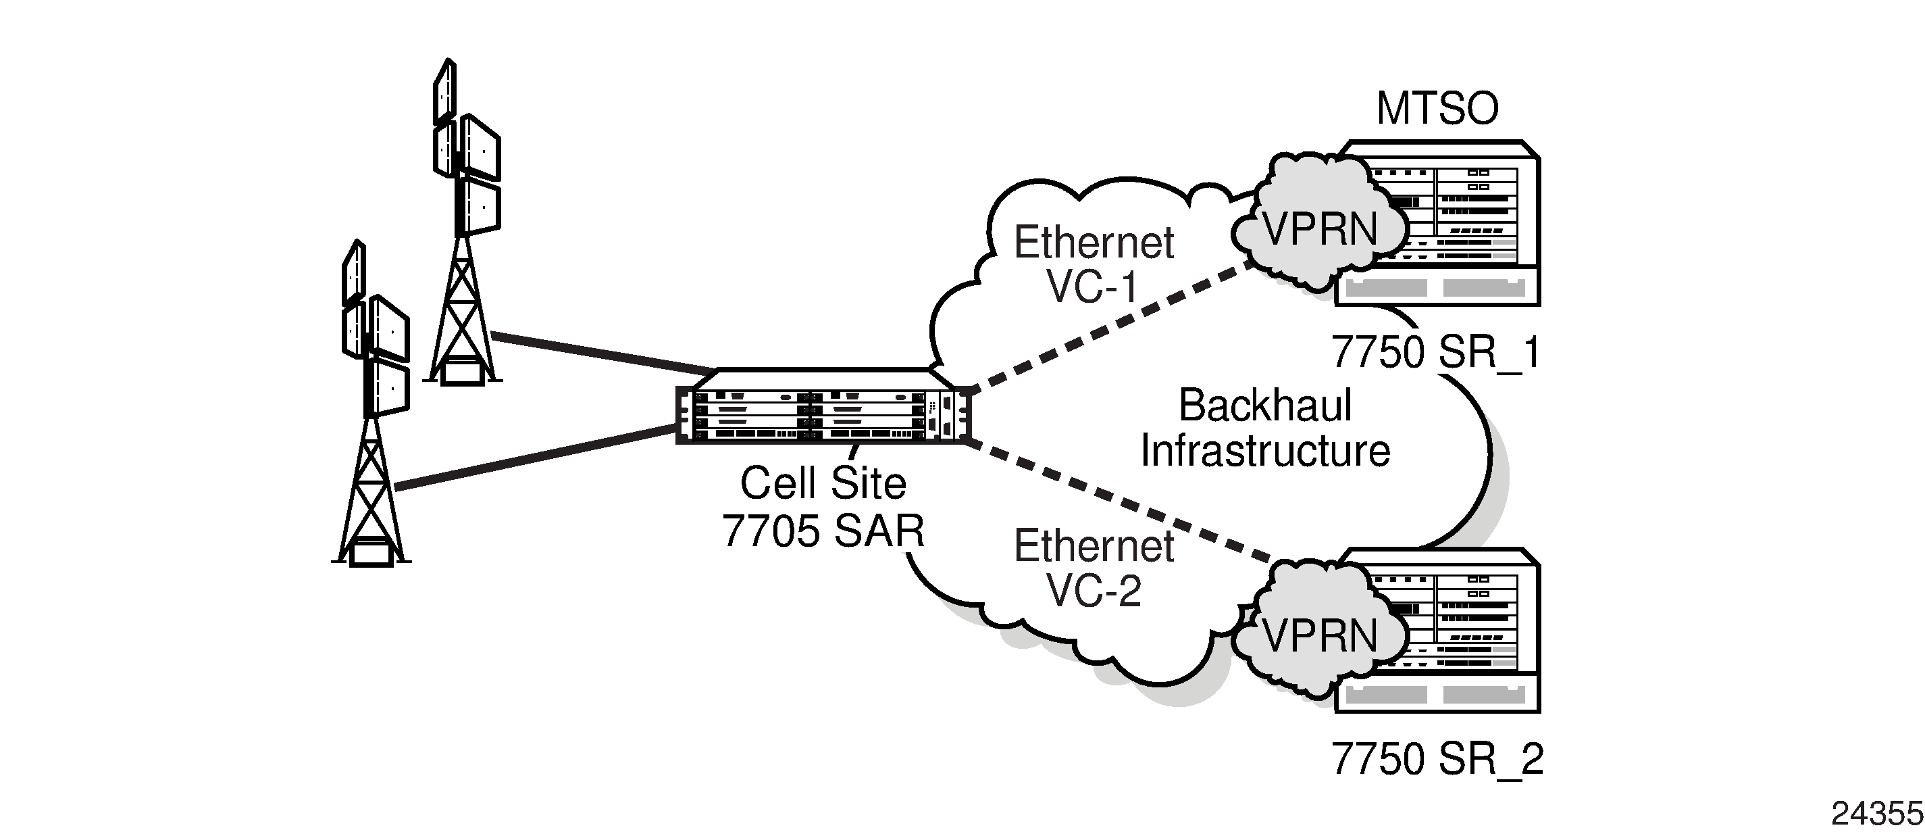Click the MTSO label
tap(1436, 109)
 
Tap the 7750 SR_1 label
tap(1435, 351)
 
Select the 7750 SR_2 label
tap(1436, 760)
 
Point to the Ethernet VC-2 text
tap(1094, 567)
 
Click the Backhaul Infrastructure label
tap(1265, 429)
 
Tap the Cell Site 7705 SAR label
tap(823, 506)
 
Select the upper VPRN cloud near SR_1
tap(1319, 228)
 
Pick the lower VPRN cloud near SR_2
tap(1319, 635)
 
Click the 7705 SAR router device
tap(822, 408)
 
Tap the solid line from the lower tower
tap(534, 458)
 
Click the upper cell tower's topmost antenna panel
tap(444, 91)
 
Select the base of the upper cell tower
tap(463, 372)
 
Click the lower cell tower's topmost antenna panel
tap(353, 274)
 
